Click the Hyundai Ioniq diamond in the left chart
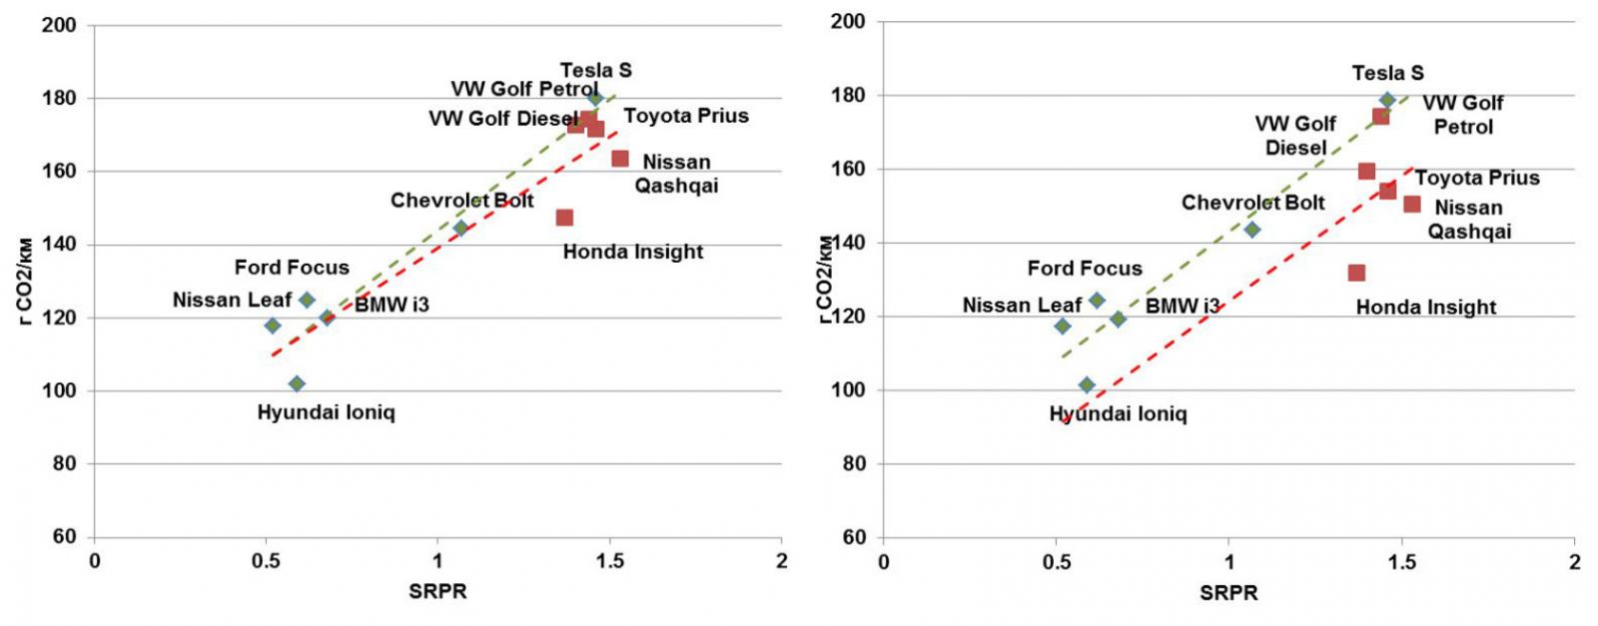click(297, 383)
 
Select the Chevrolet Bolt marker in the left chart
click(460, 228)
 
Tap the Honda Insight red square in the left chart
click(564, 218)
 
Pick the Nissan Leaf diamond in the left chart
click(273, 325)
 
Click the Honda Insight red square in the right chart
click(1356, 273)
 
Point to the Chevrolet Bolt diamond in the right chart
click(1252, 230)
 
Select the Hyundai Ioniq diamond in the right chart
click(1087, 385)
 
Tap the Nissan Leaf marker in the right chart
click(1063, 326)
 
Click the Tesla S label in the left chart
click(595, 70)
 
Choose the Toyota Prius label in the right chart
click(1477, 178)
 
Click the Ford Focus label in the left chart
click(292, 268)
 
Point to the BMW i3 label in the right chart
click(1183, 306)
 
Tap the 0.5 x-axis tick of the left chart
click(266, 561)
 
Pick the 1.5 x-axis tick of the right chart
click(1402, 562)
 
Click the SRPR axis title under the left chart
click(437, 591)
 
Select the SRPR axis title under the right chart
click(1228, 593)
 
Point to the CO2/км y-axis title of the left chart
click(24, 280)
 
